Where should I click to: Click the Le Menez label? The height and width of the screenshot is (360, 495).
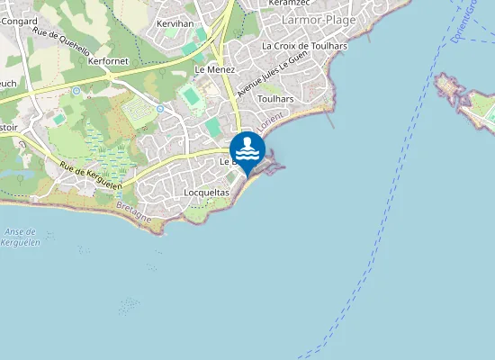point(215,68)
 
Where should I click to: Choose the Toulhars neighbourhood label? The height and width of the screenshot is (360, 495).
point(274,99)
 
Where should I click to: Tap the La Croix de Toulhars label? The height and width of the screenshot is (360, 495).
point(303,45)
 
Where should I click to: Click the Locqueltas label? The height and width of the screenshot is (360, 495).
point(206,193)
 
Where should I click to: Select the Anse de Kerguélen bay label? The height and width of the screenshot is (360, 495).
point(21,237)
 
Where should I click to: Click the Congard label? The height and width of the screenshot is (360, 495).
point(18,21)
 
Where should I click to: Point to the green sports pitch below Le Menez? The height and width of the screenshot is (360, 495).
point(190,94)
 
